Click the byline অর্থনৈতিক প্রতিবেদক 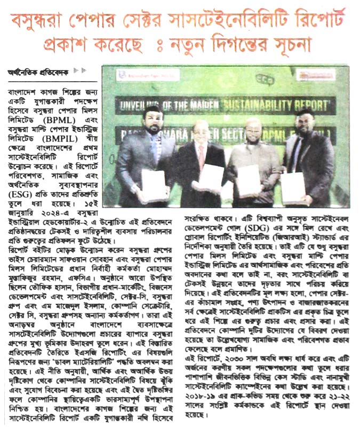tap(37, 72)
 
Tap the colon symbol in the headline tap(157, 43)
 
